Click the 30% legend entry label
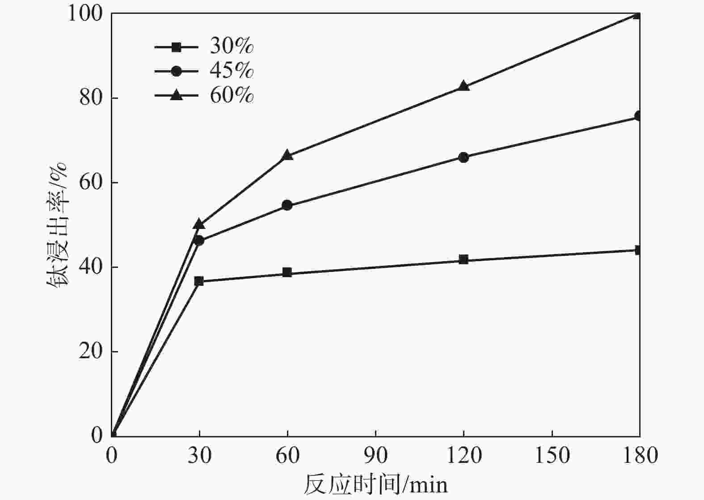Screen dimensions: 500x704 232,46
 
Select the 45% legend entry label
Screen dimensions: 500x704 232,71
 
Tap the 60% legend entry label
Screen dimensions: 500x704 232,95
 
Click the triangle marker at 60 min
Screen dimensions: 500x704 287,155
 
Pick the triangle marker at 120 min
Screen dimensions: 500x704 464,86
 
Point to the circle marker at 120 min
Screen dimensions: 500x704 464,157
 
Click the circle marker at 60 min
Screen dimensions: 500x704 287,205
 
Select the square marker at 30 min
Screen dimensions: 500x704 199,281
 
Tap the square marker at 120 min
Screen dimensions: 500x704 464,259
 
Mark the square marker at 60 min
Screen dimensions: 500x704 287,273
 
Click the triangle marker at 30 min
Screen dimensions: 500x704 199,224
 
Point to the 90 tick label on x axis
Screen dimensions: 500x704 375,455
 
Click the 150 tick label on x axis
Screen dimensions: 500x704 552,455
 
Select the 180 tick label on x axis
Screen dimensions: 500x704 639,455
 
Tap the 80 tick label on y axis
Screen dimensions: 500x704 92,98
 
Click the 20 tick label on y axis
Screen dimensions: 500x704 92,352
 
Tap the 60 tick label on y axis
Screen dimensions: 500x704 92,182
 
